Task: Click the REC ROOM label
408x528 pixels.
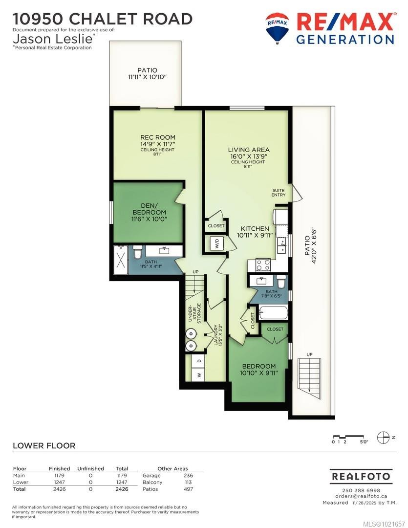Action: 157,137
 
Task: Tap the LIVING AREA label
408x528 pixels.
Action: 249,150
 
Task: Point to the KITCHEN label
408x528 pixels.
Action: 253,228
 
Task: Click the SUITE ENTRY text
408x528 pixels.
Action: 279,192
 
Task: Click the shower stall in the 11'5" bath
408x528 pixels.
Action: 120,256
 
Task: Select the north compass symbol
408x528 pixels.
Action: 384,437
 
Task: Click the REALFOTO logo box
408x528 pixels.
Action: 361,476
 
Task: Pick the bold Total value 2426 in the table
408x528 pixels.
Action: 122,489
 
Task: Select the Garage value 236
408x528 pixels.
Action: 188,475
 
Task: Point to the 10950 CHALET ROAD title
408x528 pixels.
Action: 103,19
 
